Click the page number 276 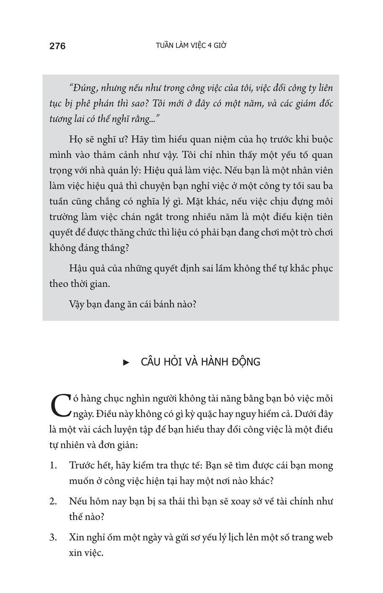[58, 46]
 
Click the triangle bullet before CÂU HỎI [125, 362]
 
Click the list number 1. [53, 465]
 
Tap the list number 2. [53, 501]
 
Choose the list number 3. [53, 537]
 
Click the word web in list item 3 [324, 537]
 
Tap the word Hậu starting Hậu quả [79, 268]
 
